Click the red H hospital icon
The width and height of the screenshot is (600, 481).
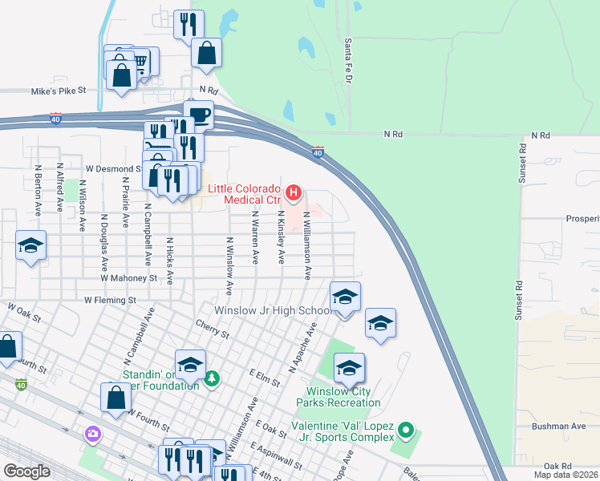pos(294,192)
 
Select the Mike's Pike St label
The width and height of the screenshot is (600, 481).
pos(59,92)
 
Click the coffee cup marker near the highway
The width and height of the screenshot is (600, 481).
pos(198,115)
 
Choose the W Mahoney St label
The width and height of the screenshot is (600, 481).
pos(128,278)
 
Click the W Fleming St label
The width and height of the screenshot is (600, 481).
pos(110,300)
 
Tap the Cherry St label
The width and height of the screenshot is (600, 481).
pos(213,328)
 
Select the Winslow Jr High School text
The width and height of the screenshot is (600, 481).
pos(272,311)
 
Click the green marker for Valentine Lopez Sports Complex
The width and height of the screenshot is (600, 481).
pos(406,431)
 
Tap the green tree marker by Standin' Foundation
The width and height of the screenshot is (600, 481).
pos(211,378)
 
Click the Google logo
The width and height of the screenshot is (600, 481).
pos(26,471)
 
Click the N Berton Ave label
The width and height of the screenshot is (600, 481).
pos(38,189)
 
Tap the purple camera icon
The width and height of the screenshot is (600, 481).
pos(93,434)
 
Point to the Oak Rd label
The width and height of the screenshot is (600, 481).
pos(557,466)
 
